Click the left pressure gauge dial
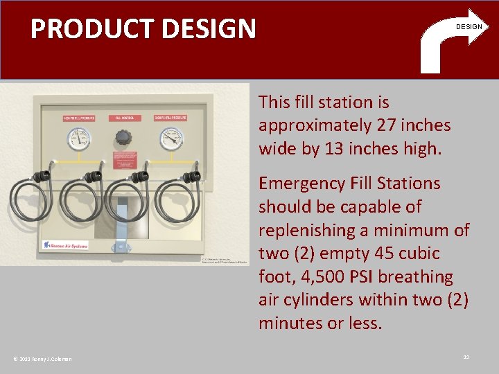click(x=78, y=140)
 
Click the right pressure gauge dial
click(x=169, y=139)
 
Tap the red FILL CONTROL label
click(x=123, y=118)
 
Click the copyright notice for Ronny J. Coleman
click(x=42, y=358)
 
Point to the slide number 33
click(x=466, y=357)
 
